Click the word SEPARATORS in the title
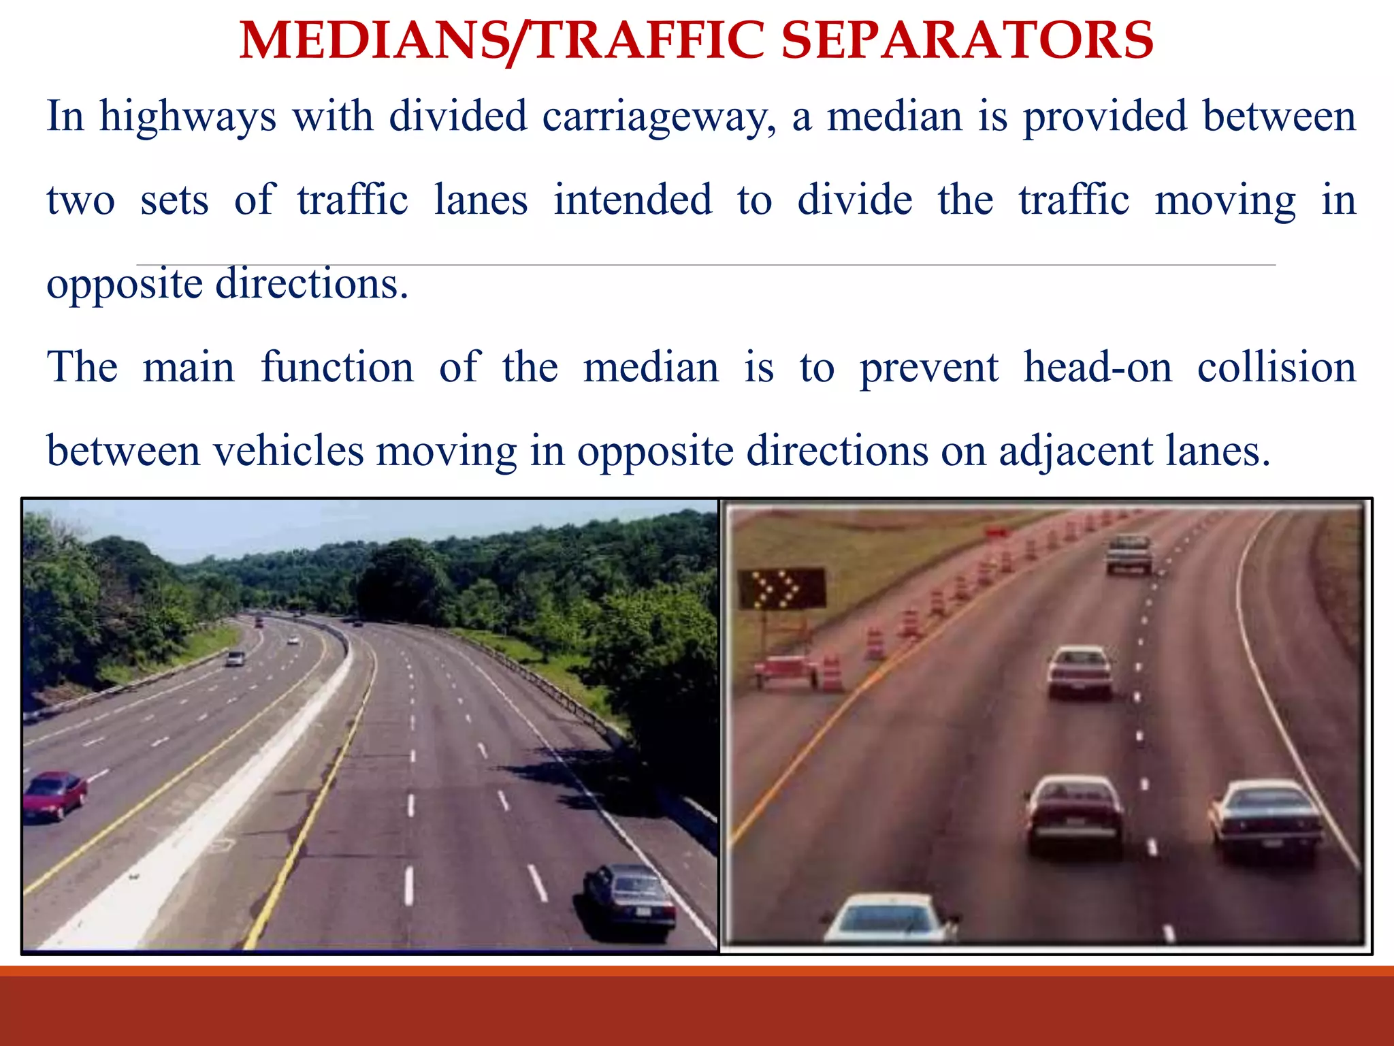click(x=967, y=40)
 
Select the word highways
click(x=188, y=116)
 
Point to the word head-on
click(x=1098, y=368)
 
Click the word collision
click(x=1276, y=368)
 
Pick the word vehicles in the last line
click(x=289, y=451)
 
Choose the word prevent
click(x=929, y=368)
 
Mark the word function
click(x=337, y=368)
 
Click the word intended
click(x=632, y=200)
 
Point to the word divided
click(x=458, y=116)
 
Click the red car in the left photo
click(x=54, y=794)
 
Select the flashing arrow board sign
click(x=783, y=588)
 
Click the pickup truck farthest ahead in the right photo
click(x=1129, y=553)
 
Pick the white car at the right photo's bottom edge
click(x=890, y=919)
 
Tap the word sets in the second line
click(x=174, y=200)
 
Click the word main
click(x=189, y=368)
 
